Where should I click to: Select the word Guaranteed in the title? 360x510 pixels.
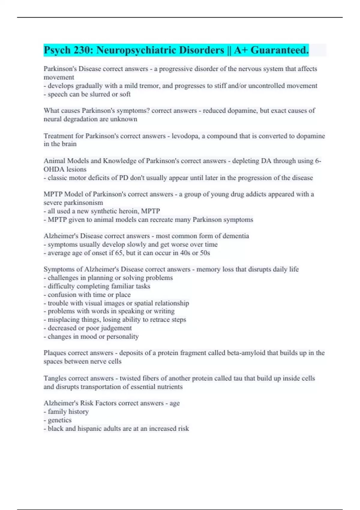point(279,50)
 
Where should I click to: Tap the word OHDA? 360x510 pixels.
point(53,169)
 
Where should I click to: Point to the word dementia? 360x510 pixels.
point(236,236)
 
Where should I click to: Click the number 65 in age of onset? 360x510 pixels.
point(119,253)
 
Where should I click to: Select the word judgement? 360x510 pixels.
point(116,328)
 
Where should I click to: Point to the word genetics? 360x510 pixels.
point(59,420)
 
